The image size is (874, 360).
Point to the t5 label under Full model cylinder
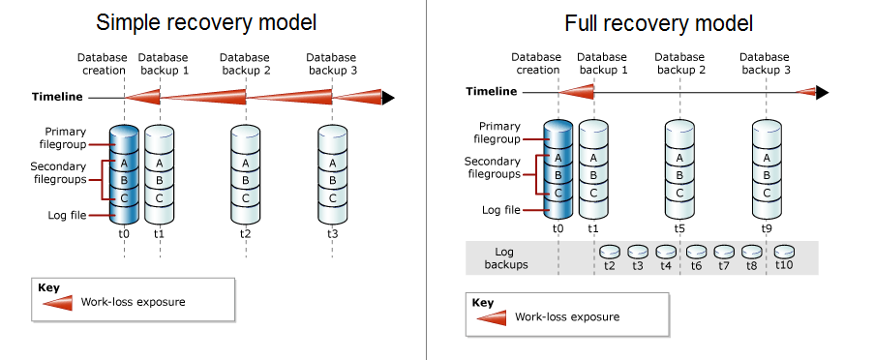pos(679,228)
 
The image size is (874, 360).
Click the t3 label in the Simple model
pos(333,233)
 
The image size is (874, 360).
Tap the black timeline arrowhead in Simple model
pos(389,97)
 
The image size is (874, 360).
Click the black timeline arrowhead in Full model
pos(822,93)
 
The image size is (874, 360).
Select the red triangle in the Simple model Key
pos(58,302)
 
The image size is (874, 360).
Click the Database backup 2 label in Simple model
pos(245,64)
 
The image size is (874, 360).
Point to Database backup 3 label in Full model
pos(766,64)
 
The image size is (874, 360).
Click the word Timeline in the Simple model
pos(56,97)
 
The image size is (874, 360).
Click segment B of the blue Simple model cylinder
pos(123,180)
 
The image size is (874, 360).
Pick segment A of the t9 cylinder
pos(768,158)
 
